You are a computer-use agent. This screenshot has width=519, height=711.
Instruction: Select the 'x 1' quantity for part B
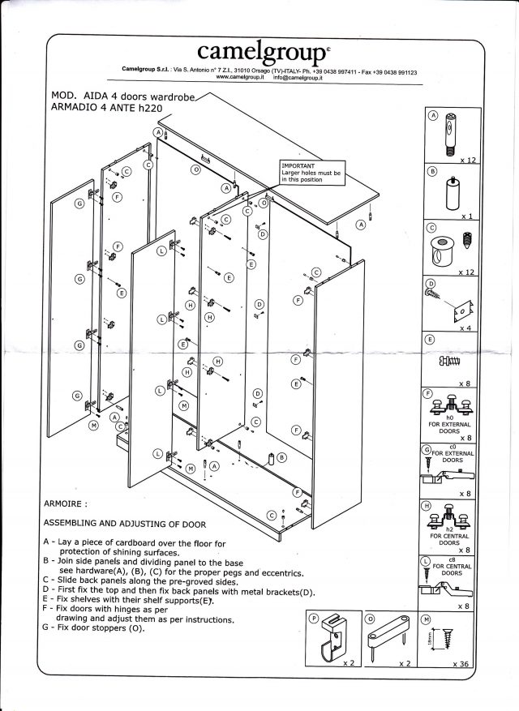pyautogui.click(x=466, y=216)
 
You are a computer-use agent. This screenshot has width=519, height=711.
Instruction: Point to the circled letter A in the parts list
pyautogui.click(x=433, y=117)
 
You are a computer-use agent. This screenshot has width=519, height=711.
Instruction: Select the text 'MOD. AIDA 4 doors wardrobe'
pyautogui.click(x=122, y=95)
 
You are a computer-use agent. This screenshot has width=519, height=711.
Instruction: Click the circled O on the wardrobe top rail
pyautogui.click(x=195, y=171)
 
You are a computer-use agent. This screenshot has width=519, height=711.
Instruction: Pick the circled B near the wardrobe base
pyautogui.click(x=281, y=456)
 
